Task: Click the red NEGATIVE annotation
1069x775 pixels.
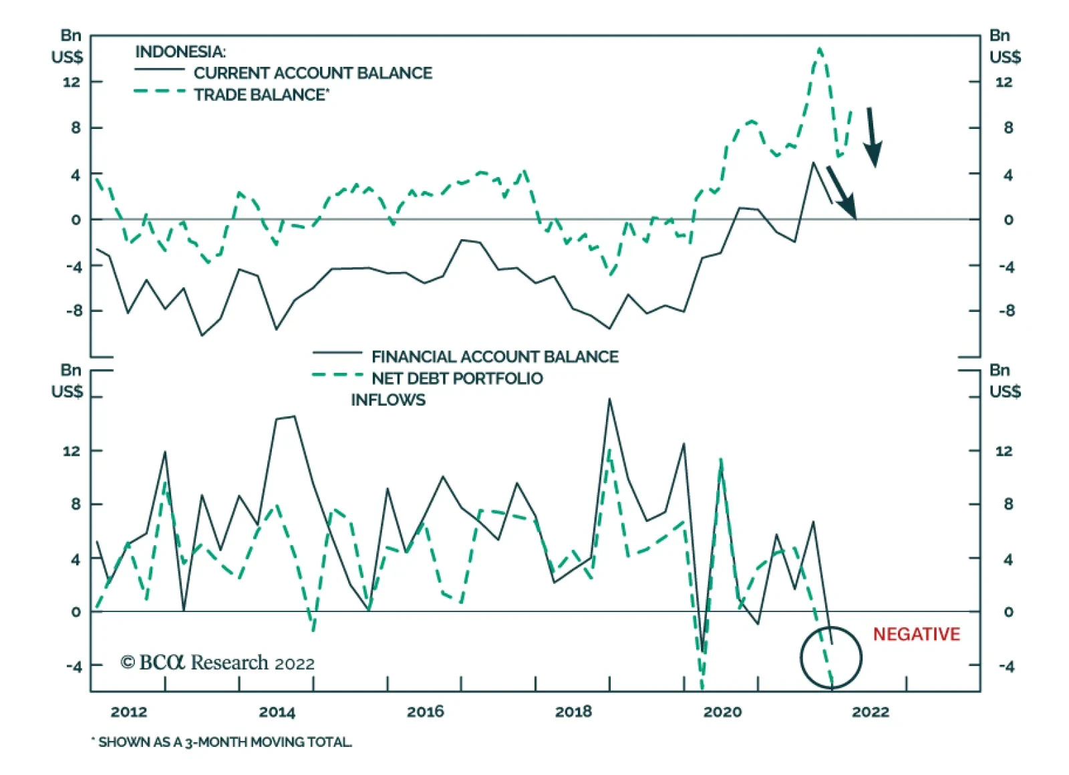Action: [916, 634]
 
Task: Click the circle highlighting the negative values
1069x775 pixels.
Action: [831, 657]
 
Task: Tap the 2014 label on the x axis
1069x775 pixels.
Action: [277, 712]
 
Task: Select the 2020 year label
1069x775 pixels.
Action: [722, 712]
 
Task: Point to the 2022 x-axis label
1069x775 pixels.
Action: [871, 712]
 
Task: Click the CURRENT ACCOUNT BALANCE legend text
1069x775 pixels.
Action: [313, 73]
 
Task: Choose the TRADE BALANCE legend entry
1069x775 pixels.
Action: [261, 95]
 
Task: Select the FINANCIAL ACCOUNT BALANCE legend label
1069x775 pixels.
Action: [494, 357]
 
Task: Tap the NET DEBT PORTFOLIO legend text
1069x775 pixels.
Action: [457, 378]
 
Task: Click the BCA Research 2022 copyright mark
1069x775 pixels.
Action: [217, 663]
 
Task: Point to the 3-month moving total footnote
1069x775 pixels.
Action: [222, 742]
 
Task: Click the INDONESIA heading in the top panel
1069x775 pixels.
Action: [180, 51]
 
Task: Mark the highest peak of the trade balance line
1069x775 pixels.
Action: [820, 49]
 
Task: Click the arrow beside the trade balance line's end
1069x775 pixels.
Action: [872, 137]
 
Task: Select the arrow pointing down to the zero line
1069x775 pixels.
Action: [842, 193]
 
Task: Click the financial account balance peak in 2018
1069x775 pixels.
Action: [609, 399]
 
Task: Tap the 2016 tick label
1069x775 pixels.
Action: [426, 712]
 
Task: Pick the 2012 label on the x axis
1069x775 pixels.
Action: [129, 712]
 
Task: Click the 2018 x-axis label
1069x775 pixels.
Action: [573, 712]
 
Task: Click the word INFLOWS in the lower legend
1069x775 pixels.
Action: [388, 400]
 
